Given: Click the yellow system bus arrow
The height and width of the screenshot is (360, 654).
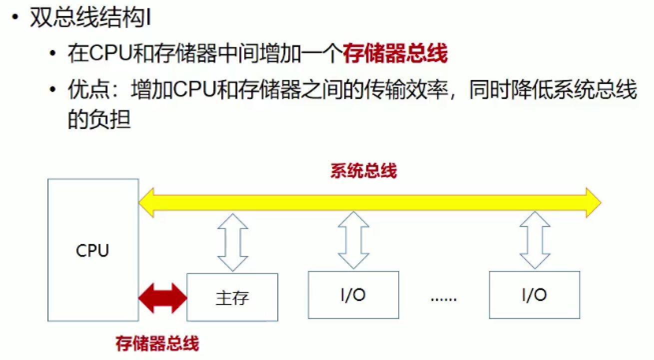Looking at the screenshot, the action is point(370,202).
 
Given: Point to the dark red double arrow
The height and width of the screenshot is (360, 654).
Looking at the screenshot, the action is point(162,298).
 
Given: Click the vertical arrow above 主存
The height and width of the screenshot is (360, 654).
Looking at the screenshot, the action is point(233,242).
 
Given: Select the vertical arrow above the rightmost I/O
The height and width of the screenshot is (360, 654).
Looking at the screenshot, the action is point(535,240).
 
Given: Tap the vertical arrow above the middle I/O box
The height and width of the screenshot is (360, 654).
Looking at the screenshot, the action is point(354,240).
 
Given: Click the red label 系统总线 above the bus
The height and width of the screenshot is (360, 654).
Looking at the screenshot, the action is point(364,170).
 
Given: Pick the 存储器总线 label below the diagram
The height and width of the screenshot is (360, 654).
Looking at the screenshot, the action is point(157,343).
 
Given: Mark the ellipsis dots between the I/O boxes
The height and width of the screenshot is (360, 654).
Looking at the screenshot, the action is point(444,299).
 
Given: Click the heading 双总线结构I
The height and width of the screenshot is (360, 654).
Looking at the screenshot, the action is point(90,17).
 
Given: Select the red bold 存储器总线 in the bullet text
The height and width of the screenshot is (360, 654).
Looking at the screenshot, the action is point(395,53).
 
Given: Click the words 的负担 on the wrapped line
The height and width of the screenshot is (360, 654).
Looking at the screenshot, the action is point(99,119).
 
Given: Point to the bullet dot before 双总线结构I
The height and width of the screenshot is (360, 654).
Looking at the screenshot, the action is point(15,17).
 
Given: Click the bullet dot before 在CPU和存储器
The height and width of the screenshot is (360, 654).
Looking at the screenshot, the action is point(52,53).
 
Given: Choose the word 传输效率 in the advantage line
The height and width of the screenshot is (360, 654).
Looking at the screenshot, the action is point(407,89).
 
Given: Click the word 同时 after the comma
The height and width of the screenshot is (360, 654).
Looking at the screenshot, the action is point(490,89).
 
